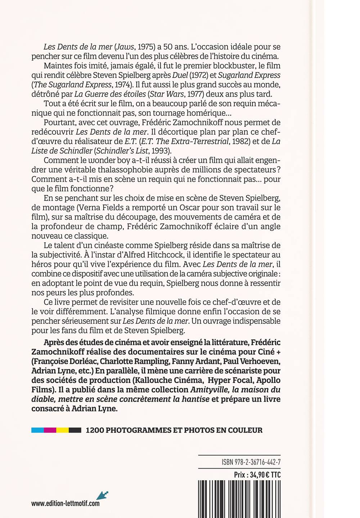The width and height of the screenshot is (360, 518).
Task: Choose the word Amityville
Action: pos(213,389)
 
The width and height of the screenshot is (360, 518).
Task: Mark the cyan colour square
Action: pos(37,430)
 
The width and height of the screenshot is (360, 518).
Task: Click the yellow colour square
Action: pos(63,430)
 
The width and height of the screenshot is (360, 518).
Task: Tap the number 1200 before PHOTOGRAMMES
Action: pos(95,430)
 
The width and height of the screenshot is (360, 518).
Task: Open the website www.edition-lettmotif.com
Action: pos(66,503)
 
